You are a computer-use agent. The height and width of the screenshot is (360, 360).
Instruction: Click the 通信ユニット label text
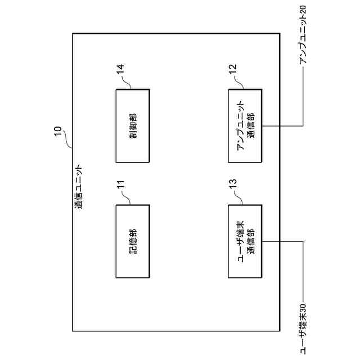pos(79,186)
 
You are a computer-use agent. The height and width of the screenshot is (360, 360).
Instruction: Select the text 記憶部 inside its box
pos(133,241)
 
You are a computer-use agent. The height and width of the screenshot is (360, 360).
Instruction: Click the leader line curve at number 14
pos(126,84)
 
